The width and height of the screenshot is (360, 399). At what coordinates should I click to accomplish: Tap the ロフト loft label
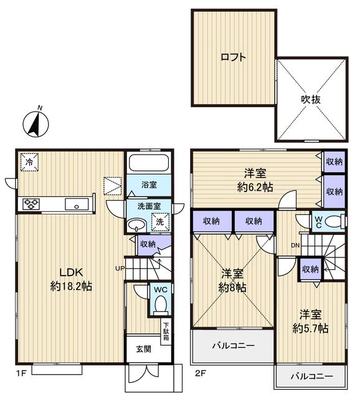233,57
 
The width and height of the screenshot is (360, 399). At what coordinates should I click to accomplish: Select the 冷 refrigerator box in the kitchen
29,161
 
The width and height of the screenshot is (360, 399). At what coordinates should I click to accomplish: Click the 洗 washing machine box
159,221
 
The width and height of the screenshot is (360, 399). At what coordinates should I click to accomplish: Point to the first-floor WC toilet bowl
159,305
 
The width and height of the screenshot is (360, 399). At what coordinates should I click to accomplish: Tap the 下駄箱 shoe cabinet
166,331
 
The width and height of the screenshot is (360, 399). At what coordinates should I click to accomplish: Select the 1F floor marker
21,375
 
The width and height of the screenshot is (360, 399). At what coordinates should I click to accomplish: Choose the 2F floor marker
199,375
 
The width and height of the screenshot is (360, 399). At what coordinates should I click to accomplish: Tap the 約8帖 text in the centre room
233,288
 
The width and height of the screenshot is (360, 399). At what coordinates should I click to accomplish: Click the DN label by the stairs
295,245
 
